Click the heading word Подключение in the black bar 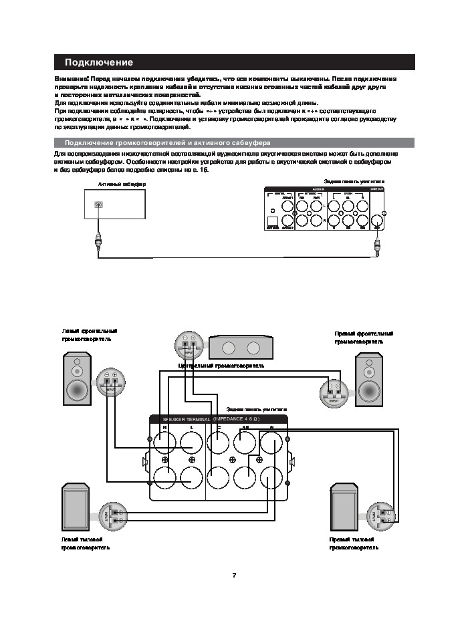98,63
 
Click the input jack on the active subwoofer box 99,205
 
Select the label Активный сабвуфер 122,184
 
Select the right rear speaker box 345,508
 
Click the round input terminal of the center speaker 187,345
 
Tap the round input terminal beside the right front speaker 332,392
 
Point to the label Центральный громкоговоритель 221,366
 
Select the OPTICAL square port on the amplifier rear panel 273,221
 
